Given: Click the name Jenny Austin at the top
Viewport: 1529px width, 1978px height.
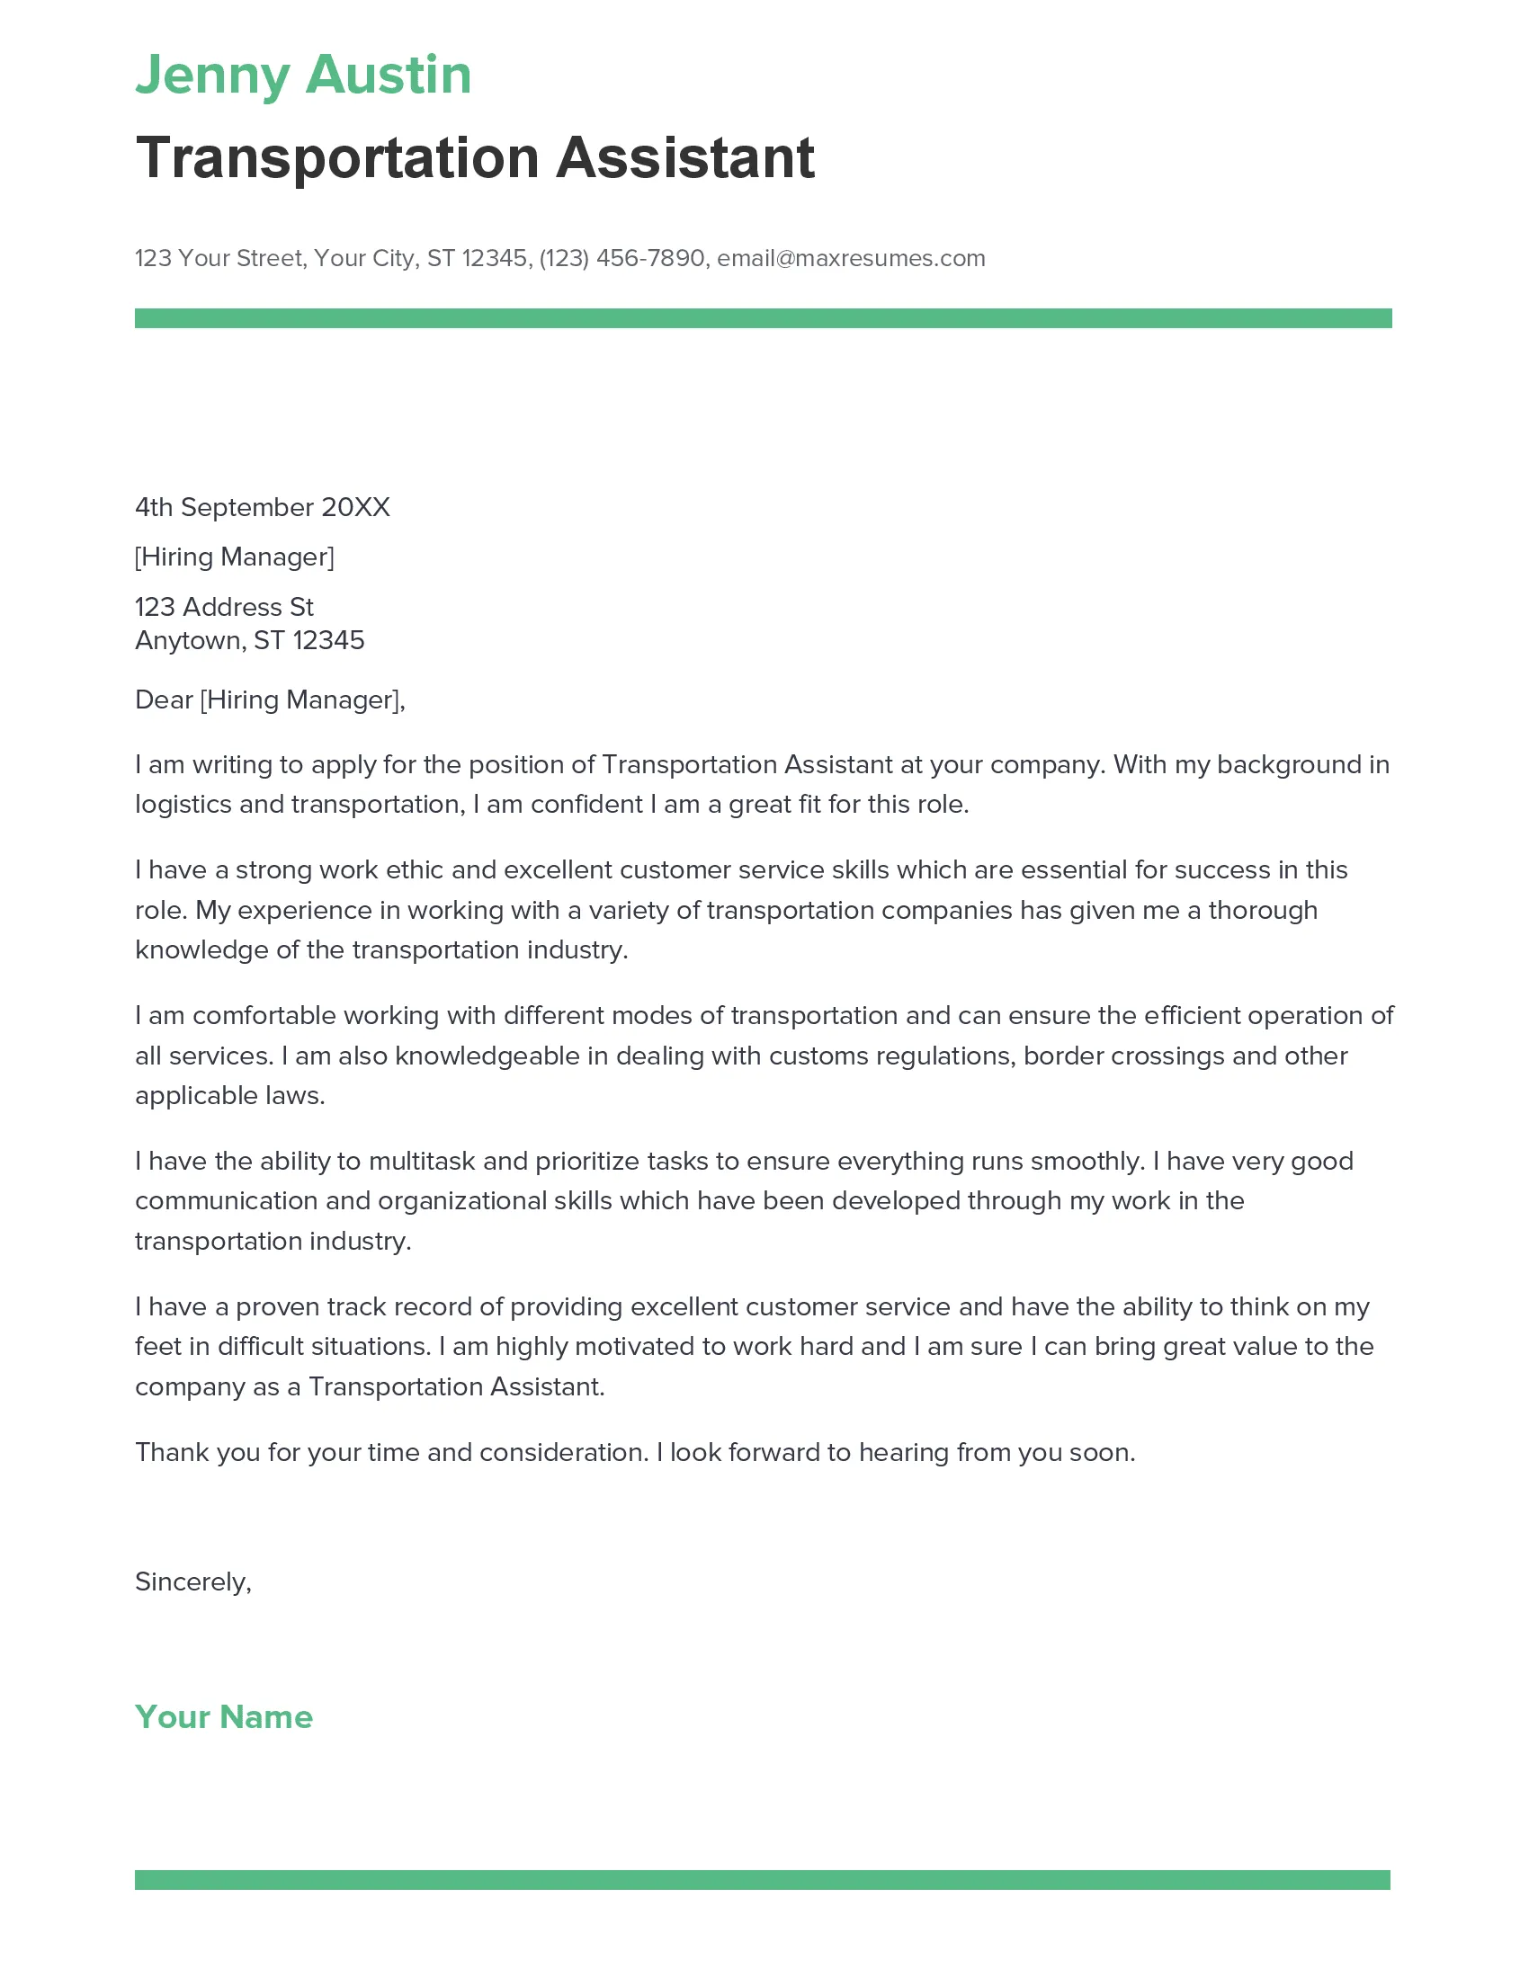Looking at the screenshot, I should click(303, 75).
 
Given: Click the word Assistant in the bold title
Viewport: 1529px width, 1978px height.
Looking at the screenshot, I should click(684, 158).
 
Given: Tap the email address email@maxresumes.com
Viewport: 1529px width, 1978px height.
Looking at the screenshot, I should click(851, 258).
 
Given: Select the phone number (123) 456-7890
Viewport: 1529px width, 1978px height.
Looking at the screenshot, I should click(621, 258).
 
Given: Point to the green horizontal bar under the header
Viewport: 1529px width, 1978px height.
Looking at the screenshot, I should click(763, 318).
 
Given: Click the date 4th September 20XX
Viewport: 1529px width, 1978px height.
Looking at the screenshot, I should click(262, 507).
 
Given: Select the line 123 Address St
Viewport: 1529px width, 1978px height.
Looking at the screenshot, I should click(224, 607).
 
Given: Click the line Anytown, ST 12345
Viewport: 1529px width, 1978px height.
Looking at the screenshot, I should click(249, 640).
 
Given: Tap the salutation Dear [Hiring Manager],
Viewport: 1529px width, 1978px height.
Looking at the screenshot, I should click(270, 699).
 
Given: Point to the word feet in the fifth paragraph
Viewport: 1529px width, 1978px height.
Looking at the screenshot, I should click(157, 1346).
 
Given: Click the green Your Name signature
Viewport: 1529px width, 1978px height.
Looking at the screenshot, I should click(224, 1716).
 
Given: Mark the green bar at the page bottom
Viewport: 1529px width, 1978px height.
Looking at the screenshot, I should click(763, 1879).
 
